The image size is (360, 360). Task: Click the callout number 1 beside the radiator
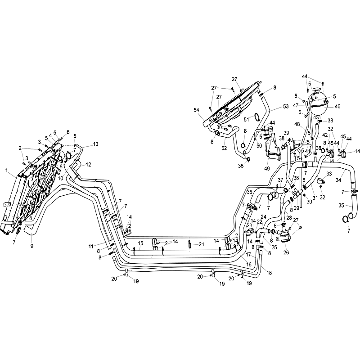tap(7, 170)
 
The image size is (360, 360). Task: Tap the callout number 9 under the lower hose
tap(31, 246)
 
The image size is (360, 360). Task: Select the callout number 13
tap(95, 144)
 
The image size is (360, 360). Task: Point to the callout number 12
tap(89, 164)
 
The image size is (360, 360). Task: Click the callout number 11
tap(90, 246)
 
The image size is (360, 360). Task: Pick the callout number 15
tap(140, 243)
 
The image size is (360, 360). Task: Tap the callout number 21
tap(202, 244)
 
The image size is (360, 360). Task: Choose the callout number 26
tap(286, 252)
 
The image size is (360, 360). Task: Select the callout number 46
tap(337, 107)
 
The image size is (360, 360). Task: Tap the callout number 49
tap(267, 168)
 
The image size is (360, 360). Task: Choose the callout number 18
tap(269, 273)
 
